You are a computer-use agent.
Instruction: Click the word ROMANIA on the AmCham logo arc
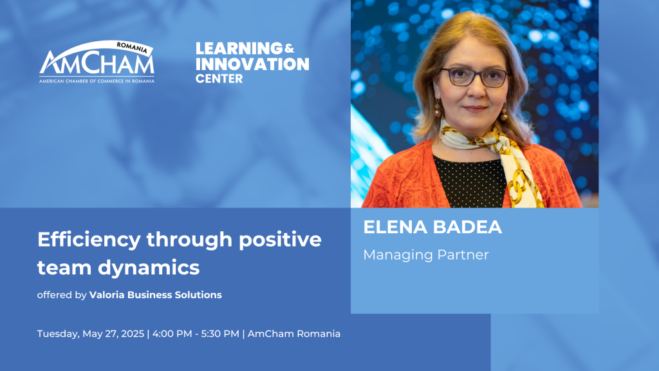[132, 48]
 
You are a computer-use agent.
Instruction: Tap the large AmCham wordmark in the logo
[97, 62]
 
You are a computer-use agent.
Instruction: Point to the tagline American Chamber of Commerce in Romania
[97, 81]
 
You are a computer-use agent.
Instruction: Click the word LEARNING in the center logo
[239, 48]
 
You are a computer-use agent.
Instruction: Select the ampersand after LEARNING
[289, 49]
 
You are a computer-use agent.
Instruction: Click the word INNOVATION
[252, 64]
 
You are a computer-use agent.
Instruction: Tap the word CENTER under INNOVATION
[219, 79]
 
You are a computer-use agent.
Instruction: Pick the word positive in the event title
[281, 240]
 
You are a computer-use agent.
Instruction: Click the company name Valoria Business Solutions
[156, 295]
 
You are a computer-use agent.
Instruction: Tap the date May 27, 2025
[113, 334]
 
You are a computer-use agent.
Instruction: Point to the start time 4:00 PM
[172, 334]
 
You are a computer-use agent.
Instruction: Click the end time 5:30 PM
[220, 334]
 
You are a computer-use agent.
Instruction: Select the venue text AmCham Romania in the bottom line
[293, 334]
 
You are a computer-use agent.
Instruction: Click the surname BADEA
[467, 227]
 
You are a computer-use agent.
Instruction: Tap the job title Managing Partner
[426, 255]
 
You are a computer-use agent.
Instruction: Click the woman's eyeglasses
[474, 77]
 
